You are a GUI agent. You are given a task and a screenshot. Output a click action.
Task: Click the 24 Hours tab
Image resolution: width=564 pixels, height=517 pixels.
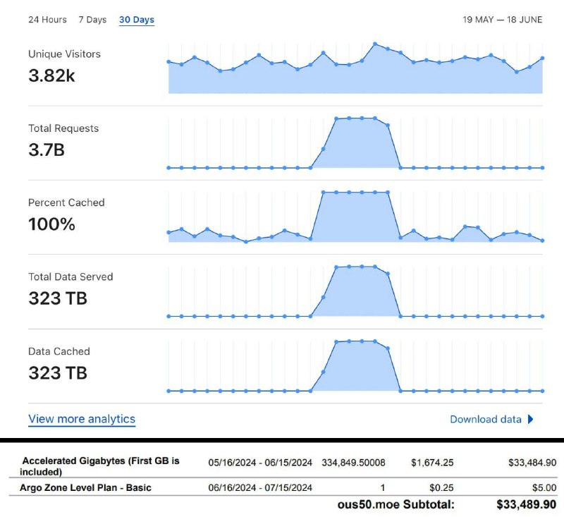[x=47, y=20]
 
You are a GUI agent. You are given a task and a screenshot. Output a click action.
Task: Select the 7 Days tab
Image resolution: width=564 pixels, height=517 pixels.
[x=92, y=20]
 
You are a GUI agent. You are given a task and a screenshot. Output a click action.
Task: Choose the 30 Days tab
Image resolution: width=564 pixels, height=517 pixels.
[x=137, y=20]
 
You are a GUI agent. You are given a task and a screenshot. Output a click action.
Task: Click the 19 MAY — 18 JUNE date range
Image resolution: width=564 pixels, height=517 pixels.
[x=502, y=20]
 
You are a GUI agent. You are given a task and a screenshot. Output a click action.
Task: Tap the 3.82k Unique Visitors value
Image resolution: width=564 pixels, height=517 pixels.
[x=51, y=76]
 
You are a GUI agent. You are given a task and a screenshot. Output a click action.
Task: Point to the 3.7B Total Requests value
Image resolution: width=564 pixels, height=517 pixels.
[x=47, y=150]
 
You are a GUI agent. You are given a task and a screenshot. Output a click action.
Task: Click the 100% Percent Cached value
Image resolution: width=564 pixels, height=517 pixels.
[x=51, y=224]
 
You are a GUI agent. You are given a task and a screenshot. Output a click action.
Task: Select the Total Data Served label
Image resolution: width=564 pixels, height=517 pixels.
[x=70, y=276]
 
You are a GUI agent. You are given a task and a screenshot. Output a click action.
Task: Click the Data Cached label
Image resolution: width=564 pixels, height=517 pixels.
[x=59, y=351]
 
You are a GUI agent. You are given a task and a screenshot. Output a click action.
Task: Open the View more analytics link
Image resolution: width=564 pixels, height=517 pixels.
[x=82, y=419]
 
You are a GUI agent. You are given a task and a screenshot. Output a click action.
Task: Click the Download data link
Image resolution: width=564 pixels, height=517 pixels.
[x=486, y=419]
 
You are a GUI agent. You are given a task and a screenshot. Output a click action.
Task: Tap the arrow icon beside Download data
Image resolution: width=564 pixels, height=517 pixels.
[x=530, y=419]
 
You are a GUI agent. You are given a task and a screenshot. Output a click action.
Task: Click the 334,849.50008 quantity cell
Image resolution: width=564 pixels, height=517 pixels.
[x=354, y=463]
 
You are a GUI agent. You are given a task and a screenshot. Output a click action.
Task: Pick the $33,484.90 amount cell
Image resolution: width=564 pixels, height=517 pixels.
[x=532, y=463]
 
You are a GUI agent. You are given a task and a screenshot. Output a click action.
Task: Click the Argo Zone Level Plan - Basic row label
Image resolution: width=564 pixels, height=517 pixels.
[x=86, y=487]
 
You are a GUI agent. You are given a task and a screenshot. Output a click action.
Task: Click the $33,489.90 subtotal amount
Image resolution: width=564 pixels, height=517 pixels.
[x=525, y=505]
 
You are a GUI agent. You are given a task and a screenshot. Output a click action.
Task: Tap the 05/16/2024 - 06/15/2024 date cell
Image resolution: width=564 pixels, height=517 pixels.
[x=260, y=463]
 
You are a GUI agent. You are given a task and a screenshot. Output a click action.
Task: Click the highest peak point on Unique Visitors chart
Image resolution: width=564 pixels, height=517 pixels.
[x=375, y=44]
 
